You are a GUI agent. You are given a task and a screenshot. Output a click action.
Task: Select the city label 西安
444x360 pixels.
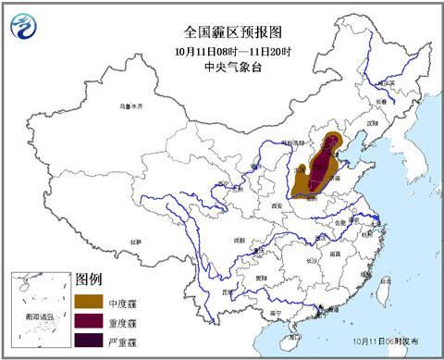[275, 206]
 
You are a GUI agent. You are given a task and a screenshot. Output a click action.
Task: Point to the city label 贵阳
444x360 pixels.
[262, 276]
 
